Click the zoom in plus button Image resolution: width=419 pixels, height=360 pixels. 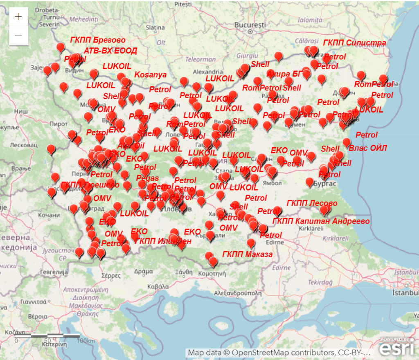pos(18,17)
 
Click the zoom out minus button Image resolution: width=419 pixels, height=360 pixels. pos(18,36)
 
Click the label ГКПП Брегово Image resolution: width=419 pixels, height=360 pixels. pos(98,40)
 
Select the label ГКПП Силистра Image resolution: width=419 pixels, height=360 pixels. pos(354,43)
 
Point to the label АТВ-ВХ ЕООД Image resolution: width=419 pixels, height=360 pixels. pos(110,51)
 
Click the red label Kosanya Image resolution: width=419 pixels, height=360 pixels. pos(150,75)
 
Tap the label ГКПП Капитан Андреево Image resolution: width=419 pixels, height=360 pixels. pos(321,221)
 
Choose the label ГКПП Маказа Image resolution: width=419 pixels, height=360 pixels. pos(247,254)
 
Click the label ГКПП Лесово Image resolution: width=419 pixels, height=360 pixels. pos(312,203)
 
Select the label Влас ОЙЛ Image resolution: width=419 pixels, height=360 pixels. pos(367,148)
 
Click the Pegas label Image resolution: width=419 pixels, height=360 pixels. pos(148,178)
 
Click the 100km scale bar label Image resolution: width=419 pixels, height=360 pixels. pos(86,341)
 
